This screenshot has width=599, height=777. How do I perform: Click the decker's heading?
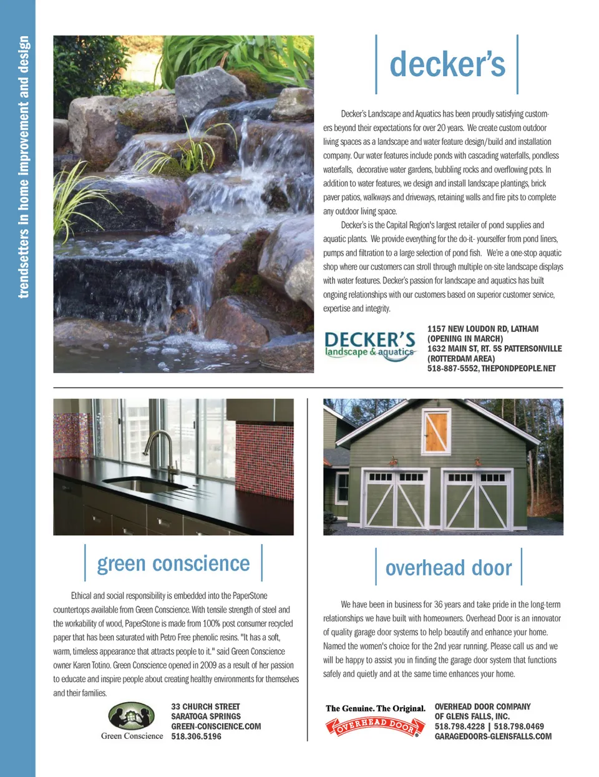point(447,65)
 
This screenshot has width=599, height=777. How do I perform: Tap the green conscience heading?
point(173,564)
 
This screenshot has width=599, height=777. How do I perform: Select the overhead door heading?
point(448,568)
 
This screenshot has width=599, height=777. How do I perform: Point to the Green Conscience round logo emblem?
point(132,716)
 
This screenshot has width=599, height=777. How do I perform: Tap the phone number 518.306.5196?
point(196,736)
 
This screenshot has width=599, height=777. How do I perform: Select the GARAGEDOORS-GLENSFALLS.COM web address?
point(493,736)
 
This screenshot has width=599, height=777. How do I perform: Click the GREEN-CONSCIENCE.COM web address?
point(216,726)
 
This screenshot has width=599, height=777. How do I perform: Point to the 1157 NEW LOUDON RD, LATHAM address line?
point(482,329)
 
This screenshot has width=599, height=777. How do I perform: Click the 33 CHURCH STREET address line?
point(205,706)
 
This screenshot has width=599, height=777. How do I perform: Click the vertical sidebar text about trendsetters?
point(23,167)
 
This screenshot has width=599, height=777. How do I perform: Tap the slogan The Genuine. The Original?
point(375,708)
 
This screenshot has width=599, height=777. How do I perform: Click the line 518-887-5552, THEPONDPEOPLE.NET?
point(491,369)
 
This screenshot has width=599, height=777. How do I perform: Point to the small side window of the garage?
point(342,487)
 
